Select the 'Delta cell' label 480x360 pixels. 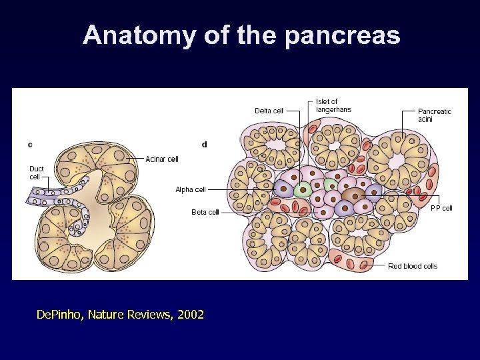(269, 111)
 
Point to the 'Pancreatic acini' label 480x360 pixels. (434, 115)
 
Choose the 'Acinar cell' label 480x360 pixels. (162, 159)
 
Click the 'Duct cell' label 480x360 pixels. (37, 172)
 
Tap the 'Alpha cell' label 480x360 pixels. (189, 189)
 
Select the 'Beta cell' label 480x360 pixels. (205, 212)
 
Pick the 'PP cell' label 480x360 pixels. (441, 209)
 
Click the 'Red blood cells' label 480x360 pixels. (413, 266)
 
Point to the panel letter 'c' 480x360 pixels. (31, 144)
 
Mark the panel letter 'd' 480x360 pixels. (204, 144)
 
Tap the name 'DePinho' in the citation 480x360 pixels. (61, 314)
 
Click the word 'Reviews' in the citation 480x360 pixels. (151, 314)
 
